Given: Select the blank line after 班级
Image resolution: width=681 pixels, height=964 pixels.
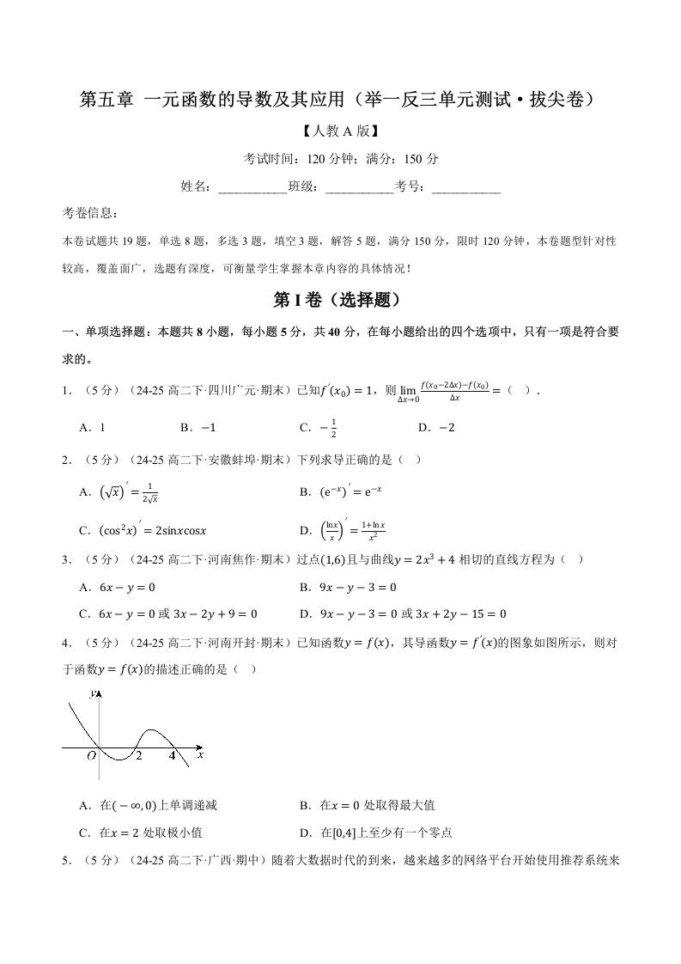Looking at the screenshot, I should click(x=359, y=186).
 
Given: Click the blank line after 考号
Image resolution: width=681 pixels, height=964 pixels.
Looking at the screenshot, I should click(x=465, y=186).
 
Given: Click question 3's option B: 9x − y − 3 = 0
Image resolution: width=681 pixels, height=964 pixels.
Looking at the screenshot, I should click(x=347, y=588).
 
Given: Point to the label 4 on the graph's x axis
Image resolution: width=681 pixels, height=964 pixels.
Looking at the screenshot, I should click(x=171, y=756).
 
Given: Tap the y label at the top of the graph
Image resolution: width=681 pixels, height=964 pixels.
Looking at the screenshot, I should click(x=93, y=692).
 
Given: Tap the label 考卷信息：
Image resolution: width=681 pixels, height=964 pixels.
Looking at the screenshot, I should click(x=91, y=213).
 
